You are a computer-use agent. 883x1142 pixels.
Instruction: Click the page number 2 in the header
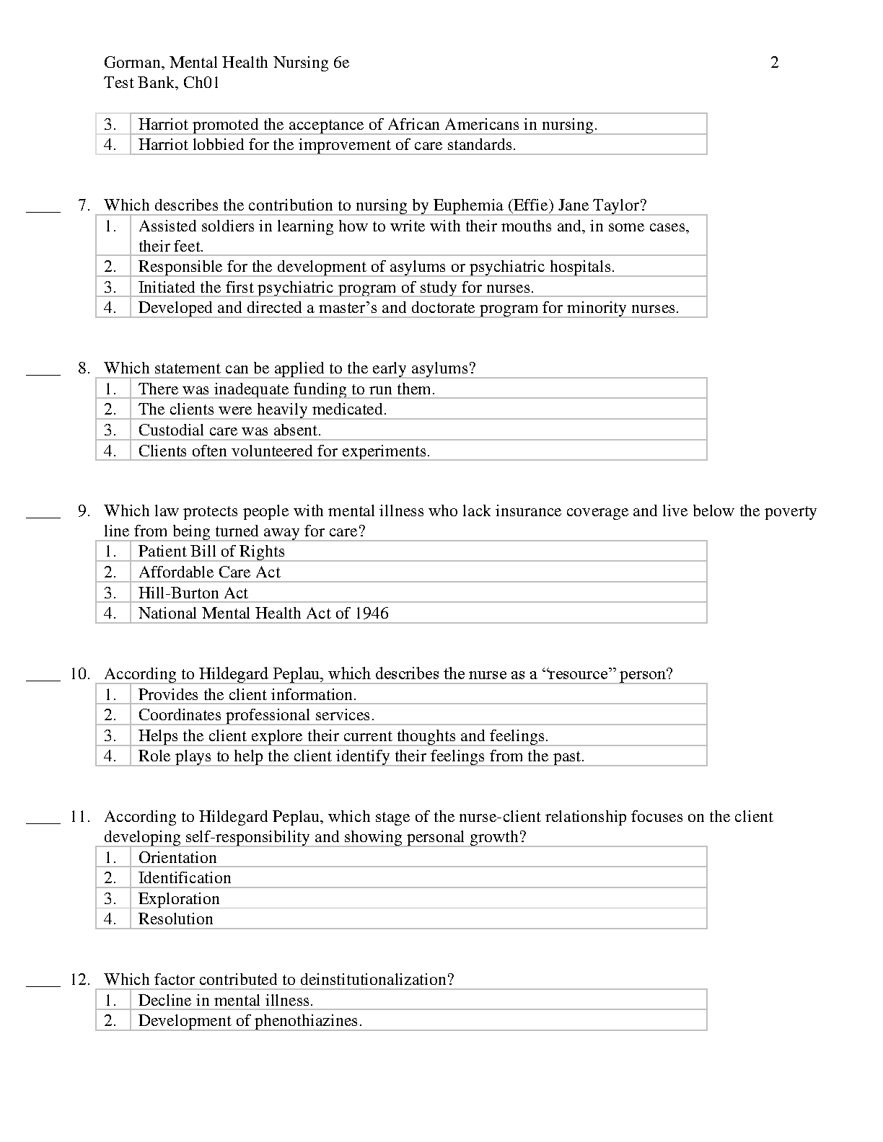[x=774, y=63]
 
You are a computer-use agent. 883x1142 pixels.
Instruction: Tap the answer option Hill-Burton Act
[x=193, y=593]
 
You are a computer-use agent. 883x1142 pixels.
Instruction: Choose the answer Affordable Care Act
[x=209, y=572]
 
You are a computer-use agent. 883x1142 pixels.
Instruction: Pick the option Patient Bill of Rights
[x=211, y=552]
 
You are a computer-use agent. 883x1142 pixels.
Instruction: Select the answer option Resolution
[x=176, y=919]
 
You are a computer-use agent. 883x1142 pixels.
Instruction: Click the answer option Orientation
[x=177, y=858]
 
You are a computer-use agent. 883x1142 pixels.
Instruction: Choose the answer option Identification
[x=185, y=878]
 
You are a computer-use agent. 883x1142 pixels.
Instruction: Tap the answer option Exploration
[x=179, y=899]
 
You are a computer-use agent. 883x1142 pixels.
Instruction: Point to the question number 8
[x=84, y=368]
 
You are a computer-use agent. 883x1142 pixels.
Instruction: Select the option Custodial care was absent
[x=229, y=430]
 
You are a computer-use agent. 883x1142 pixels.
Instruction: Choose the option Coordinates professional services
[x=256, y=715]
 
